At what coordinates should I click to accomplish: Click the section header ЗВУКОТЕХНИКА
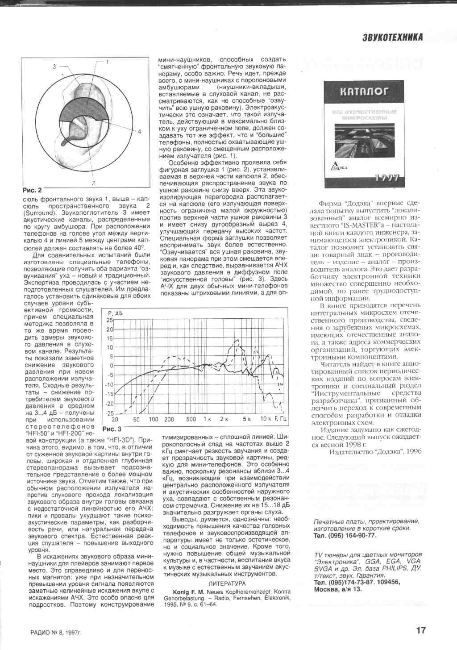[392, 37]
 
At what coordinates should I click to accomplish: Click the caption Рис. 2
[32, 190]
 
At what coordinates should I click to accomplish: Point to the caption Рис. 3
[112, 429]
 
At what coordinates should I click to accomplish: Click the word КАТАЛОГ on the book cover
[364, 92]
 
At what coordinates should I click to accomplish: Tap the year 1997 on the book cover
[387, 178]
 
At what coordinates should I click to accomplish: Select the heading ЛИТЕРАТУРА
[227, 583]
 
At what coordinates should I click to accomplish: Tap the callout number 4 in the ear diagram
[139, 131]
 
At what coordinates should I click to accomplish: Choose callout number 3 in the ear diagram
[54, 67]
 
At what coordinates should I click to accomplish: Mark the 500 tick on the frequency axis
[191, 419]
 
